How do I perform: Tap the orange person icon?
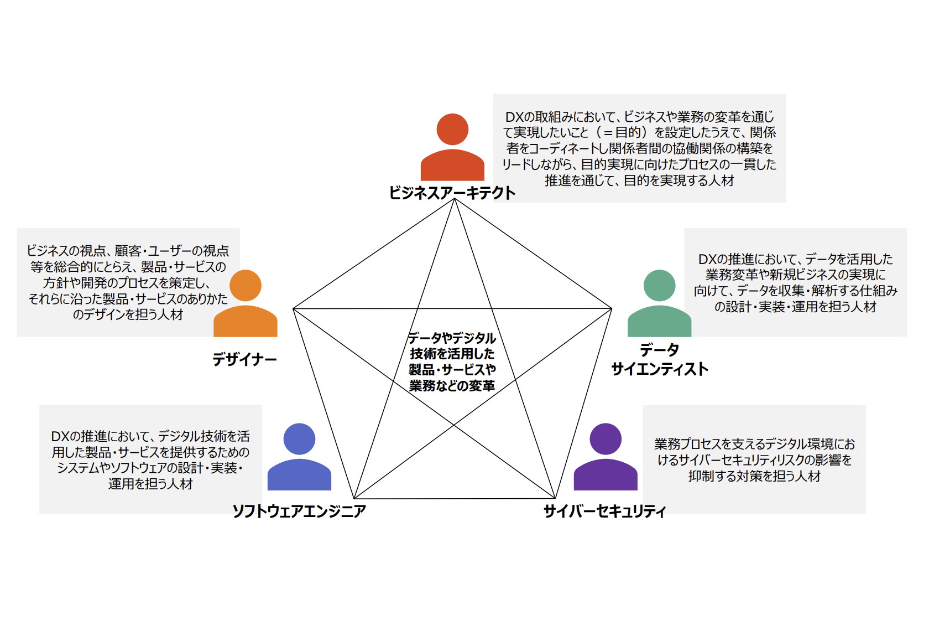(x=245, y=304)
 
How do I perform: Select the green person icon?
(x=659, y=304)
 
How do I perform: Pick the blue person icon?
(x=299, y=458)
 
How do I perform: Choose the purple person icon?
(x=606, y=458)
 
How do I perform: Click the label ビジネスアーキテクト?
(x=452, y=193)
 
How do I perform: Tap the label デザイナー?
(x=244, y=360)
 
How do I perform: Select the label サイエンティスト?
(x=659, y=369)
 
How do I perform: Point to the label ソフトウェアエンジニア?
(x=299, y=511)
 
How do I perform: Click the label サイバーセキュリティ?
(x=604, y=511)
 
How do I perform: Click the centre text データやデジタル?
(x=452, y=338)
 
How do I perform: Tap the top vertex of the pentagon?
(x=454, y=199)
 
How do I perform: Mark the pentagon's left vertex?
(x=293, y=308)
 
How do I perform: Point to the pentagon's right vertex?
(x=612, y=308)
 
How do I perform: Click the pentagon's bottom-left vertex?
(x=354, y=498)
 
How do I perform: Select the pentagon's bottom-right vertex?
(x=555, y=498)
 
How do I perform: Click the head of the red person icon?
(x=452, y=129)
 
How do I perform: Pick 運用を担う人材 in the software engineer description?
(x=150, y=484)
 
